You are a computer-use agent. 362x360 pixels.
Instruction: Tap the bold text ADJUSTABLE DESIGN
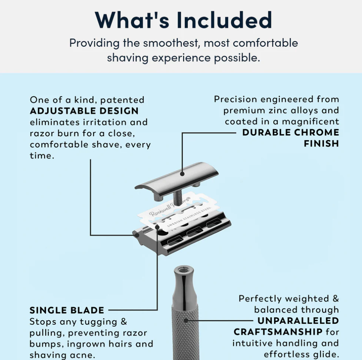(x=84, y=111)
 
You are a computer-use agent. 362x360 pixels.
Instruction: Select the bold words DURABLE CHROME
(x=290, y=132)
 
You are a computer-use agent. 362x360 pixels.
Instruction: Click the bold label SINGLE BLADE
(x=67, y=310)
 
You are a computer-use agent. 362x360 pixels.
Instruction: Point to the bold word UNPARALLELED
(x=298, y=321)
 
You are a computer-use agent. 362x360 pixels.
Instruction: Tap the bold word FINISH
(x=321, y=143)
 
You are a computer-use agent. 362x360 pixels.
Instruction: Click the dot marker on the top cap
(x=182, y=174)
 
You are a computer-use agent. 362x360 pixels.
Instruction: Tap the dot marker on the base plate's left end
(x=137, y=235)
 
